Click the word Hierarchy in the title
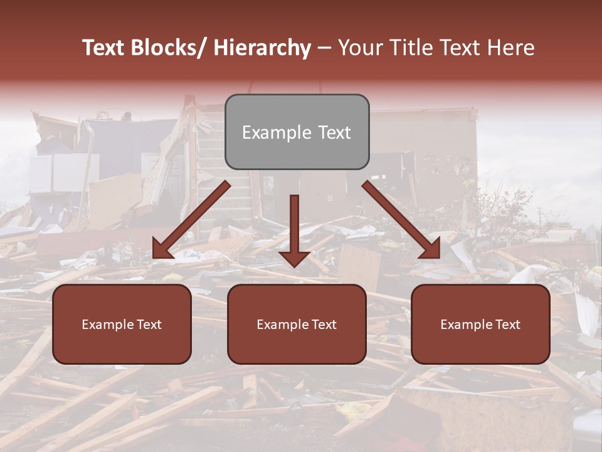point(261,48)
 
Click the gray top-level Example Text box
point(297,132)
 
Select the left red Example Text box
point(122,324)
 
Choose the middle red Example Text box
point(297,324)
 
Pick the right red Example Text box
point(480,324)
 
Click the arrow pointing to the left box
point(191,220)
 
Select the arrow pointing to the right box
point(401,220)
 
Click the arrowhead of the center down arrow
point(294,257)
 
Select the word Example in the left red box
point(107,325)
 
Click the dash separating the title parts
point(324,48)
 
